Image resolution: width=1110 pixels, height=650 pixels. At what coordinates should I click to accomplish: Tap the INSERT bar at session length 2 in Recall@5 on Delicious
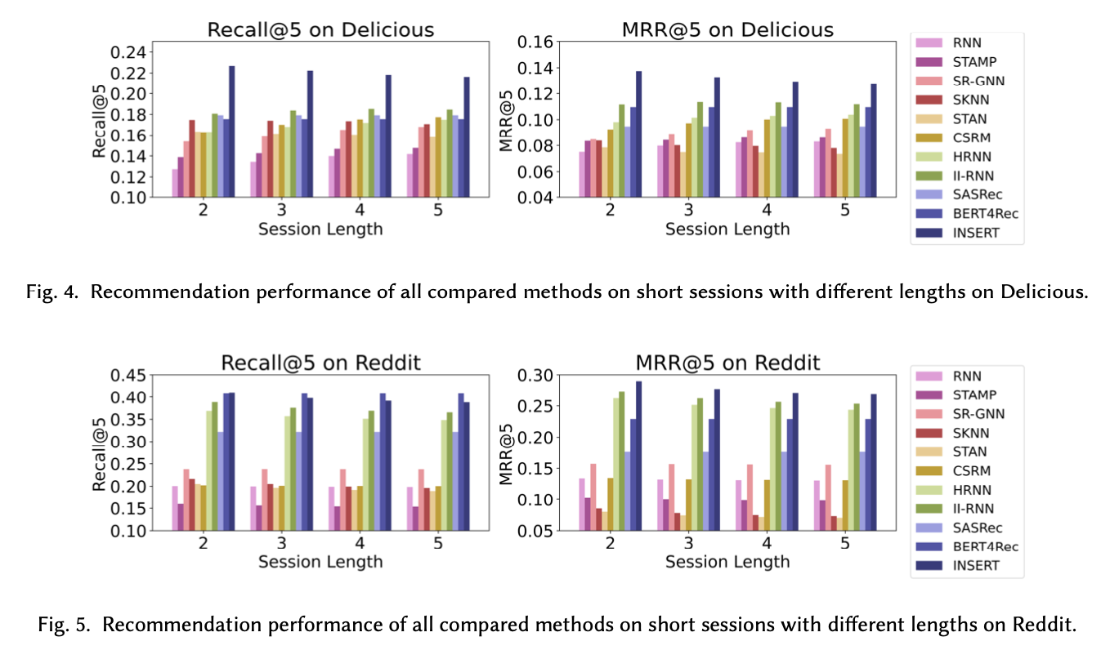232,131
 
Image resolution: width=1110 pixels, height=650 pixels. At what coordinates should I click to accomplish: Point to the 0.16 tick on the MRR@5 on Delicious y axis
535,42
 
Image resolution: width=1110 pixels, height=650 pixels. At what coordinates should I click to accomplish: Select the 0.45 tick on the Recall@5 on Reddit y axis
128,376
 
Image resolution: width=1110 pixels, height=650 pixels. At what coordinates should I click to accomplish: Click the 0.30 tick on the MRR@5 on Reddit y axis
535,376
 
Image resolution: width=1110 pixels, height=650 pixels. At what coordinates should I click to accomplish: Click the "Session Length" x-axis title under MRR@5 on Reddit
727,562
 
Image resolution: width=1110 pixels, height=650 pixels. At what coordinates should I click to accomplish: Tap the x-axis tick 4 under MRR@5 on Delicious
767,210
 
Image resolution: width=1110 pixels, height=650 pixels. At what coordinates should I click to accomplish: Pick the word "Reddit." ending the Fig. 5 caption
1049,626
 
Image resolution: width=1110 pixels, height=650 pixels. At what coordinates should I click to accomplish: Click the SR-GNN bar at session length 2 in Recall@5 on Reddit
186,500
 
